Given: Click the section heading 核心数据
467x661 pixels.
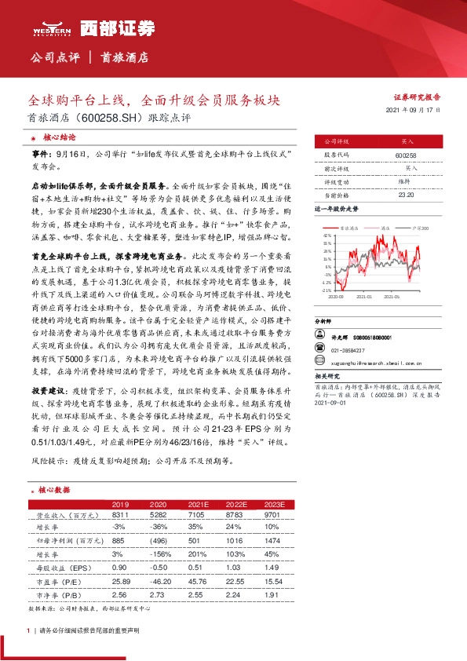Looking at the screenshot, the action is (53, 489).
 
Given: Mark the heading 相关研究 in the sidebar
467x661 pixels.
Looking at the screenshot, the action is (327, 376).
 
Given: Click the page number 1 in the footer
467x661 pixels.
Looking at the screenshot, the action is (28, 631).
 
